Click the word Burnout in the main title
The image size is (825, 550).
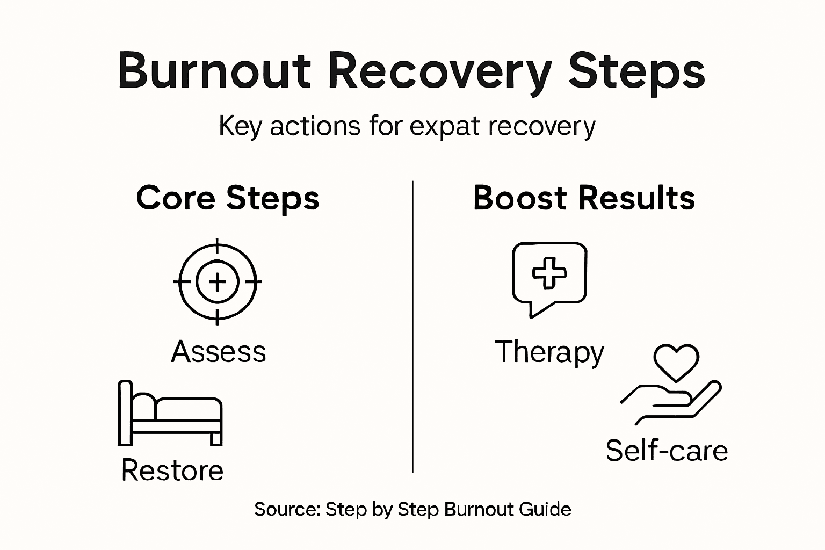pyautogui.click(x=214, y=70)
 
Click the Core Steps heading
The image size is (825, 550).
pyautogui.click(x=227, y=198)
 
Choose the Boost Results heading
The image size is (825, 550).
pyautogui.click(x=584, y=198)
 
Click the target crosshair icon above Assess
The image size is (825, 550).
pyautogui.click(x=217, y=281)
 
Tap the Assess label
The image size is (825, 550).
pyautogui.click(x=219, y=352)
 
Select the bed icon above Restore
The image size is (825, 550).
pyautogui.click(x=170, y=414)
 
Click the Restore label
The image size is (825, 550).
pyautogui.click(x=172, y=470)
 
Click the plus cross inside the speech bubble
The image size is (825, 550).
pyautogui.click(x=549, y=272)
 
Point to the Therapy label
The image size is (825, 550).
pyautogui.click(x=549, y=353)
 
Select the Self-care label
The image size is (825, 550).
pyautogui.click(x=667, y=450)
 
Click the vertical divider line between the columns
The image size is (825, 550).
pyautogui.click(x=412, y=328)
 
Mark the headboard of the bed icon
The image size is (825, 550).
pyautogui.click(x=125, y=412)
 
